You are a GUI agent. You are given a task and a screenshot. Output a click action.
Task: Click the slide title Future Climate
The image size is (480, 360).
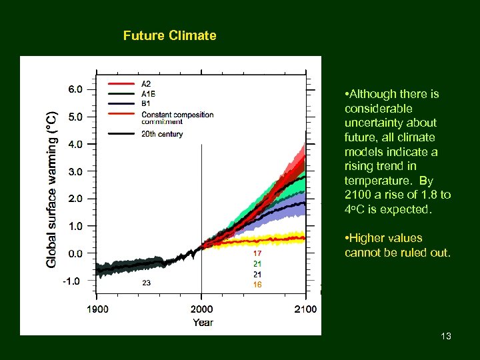[x=169, y=36]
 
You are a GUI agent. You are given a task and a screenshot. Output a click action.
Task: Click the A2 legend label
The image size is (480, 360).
[x=147, y=84]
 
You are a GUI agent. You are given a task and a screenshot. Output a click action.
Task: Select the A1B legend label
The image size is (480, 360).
[x=149, y=94]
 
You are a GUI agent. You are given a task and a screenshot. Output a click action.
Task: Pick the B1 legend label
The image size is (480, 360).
[x=146, y=103]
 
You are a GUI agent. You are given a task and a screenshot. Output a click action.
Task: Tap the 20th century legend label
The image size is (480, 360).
[x=162, y=134]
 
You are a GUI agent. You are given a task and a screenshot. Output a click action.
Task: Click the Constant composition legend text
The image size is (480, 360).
[x=177, y=115]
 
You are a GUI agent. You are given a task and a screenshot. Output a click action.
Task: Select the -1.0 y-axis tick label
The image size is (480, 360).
[x=72, y=281]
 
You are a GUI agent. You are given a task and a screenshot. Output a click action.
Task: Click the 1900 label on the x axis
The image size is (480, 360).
[x=98, y=309]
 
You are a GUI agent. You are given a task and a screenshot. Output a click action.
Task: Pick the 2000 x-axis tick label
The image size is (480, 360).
[x=201, y=309]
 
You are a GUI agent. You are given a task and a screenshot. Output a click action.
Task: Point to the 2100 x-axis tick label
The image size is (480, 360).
[x=305, y=309]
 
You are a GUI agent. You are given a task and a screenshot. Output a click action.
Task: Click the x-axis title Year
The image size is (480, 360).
[x=203, y=323]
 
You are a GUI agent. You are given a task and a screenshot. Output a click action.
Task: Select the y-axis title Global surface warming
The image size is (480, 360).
[x=51, y=190]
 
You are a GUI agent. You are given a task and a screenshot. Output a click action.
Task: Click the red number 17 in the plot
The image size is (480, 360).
[x=257, y=254]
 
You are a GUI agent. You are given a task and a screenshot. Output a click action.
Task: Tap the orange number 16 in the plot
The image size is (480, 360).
[x=257, y=285]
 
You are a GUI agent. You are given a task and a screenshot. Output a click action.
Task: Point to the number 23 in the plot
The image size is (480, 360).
[x=146, y=283]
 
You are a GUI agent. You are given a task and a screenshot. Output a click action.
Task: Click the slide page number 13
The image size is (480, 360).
[x=446, y=336]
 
